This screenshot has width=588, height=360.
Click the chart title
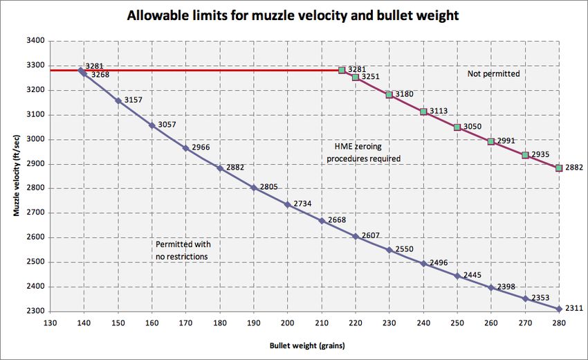[x=294, y=15]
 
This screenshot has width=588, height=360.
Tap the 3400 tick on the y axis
[x=35, y=41]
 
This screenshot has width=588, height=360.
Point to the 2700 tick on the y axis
[x=35, y=213]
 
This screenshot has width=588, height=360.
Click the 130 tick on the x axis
[x=49, y=323]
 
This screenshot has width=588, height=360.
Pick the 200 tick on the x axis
[x=287, y=323]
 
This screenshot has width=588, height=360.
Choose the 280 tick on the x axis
[x=559, y=323]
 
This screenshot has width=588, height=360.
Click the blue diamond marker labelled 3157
[x=118, y=101]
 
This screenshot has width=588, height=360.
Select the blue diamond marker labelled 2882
[x=220, y=168]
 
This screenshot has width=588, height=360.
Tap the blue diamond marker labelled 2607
[x=356, y=236]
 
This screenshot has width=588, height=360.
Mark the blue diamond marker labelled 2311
[x=559, y=309]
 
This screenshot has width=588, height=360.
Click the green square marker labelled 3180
[x=389, y=95]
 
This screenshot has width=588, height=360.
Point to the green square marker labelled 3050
[x=457, y=127]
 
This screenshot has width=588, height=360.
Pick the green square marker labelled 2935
[x=525, y=155]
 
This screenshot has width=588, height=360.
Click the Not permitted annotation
[x=493, y=73]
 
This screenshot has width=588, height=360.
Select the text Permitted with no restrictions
[x=183, y=251]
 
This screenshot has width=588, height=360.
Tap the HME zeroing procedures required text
[x=362, y=153]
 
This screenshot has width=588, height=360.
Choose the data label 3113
[x=439, y=111]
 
